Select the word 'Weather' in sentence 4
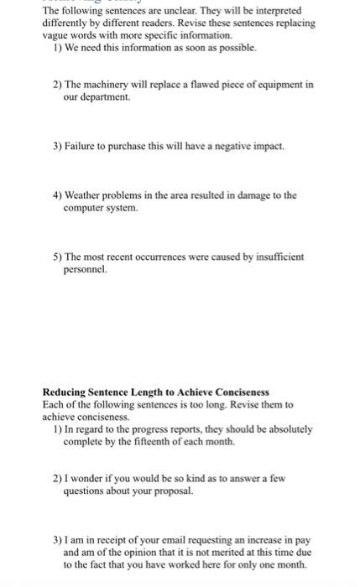click(x=84, y=195)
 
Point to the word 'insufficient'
click(x=257, y=256)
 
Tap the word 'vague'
click(x=55, y=36)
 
